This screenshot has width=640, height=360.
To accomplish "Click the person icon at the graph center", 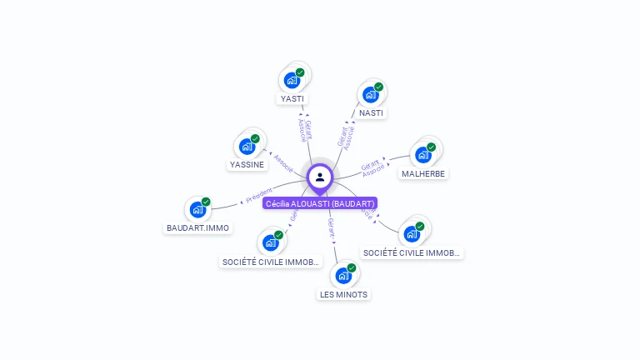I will pos(320,177).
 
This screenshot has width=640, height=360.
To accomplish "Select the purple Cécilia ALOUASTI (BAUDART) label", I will pos(320,203).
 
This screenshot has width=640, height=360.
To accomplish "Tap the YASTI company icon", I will pos(292,80).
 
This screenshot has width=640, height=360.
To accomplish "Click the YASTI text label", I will pos(292,98).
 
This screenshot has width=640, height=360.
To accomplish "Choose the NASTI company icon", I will pos(371,94).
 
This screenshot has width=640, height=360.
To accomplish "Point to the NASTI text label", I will pos(371,112).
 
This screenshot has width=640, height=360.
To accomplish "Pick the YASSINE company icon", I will pos(247,146).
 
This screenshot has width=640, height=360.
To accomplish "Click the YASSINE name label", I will pos(247,164).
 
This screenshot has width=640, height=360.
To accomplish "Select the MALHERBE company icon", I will pos(423,154).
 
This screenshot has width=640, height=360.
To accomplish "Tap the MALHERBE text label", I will pos(423,173).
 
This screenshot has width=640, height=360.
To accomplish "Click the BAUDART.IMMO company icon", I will pos(197,209).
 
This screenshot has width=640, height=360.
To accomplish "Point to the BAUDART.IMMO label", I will pos(197,227).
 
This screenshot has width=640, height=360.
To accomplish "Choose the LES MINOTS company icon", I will pos(343,275).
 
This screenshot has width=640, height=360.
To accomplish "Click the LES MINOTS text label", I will pos(343,294).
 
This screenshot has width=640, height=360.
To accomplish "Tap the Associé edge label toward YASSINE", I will pos(283,162).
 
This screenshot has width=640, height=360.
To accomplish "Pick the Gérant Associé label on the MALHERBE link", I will pos(372,165).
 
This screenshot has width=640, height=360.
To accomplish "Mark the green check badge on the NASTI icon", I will pos(378,87).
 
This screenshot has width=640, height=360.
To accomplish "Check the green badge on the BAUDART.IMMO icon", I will pos(206,202).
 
